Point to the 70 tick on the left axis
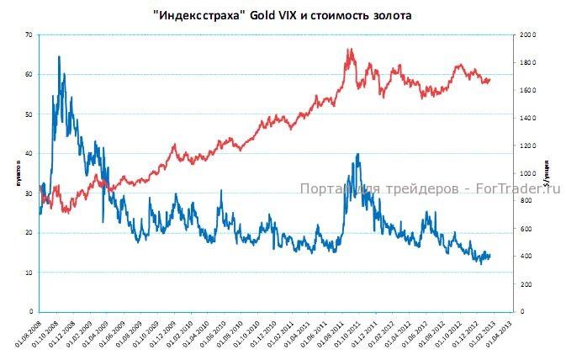29,34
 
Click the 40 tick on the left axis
29,153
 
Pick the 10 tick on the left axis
29,273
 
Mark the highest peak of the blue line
58,56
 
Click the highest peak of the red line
349,49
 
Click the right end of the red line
489,79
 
